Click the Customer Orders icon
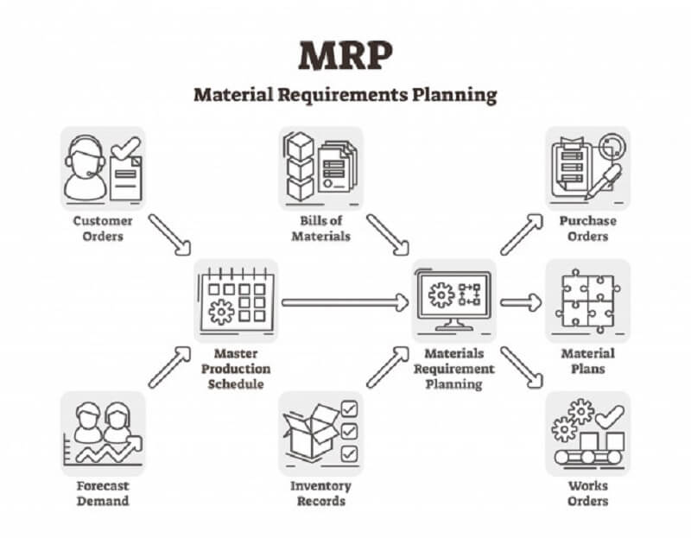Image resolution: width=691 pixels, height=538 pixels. pos(103,168)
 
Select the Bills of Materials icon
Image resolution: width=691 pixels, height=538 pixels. pos(320,168)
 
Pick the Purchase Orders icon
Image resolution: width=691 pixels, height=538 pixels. pos(587,168)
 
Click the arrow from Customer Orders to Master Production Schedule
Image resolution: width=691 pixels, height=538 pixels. pos(169,234)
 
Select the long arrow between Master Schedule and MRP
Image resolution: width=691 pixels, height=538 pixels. pos(345,302)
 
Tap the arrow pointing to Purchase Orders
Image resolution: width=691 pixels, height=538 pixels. pos(522,234)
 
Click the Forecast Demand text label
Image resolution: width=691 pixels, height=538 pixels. pos(102,493)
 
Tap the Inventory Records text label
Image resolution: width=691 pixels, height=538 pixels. pos(320,493)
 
